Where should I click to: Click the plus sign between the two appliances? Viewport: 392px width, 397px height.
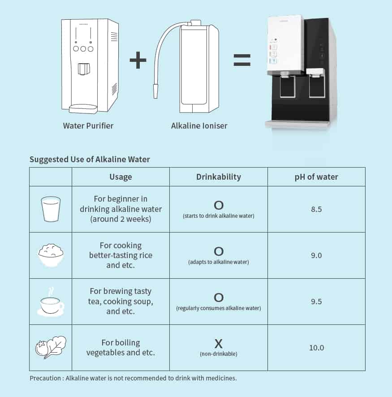coord(138,60)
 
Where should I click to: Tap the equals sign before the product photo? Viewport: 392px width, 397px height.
coord(242,60)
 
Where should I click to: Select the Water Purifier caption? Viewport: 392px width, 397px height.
coord(88,125)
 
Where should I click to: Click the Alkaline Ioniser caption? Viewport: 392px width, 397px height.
coord(199,125)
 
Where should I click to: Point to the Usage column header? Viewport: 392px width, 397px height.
coord(121,177)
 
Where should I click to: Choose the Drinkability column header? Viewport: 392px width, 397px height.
coord(219,177)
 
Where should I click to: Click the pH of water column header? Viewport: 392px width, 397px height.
coord(316,177)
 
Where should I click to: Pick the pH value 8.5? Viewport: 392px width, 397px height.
coord(316,209)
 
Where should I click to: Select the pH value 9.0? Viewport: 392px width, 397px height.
coord(316,255)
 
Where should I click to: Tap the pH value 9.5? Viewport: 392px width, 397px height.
coord(316,301)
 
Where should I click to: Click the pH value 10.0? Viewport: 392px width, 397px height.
coord(316,348)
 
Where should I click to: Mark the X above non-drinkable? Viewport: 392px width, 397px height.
coord(219,344)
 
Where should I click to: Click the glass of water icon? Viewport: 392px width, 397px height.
coord(51,209)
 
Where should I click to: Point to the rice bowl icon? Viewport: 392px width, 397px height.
coord(51,255)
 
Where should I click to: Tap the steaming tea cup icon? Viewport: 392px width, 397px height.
coord(51,302)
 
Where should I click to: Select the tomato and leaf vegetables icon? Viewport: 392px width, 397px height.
coord(51,347)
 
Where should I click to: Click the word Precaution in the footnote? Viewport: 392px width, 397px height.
coord(45,378)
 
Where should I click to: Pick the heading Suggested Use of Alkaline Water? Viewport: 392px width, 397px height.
coord(90,159)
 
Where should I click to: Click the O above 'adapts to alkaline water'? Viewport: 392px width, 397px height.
coord(219,251)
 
